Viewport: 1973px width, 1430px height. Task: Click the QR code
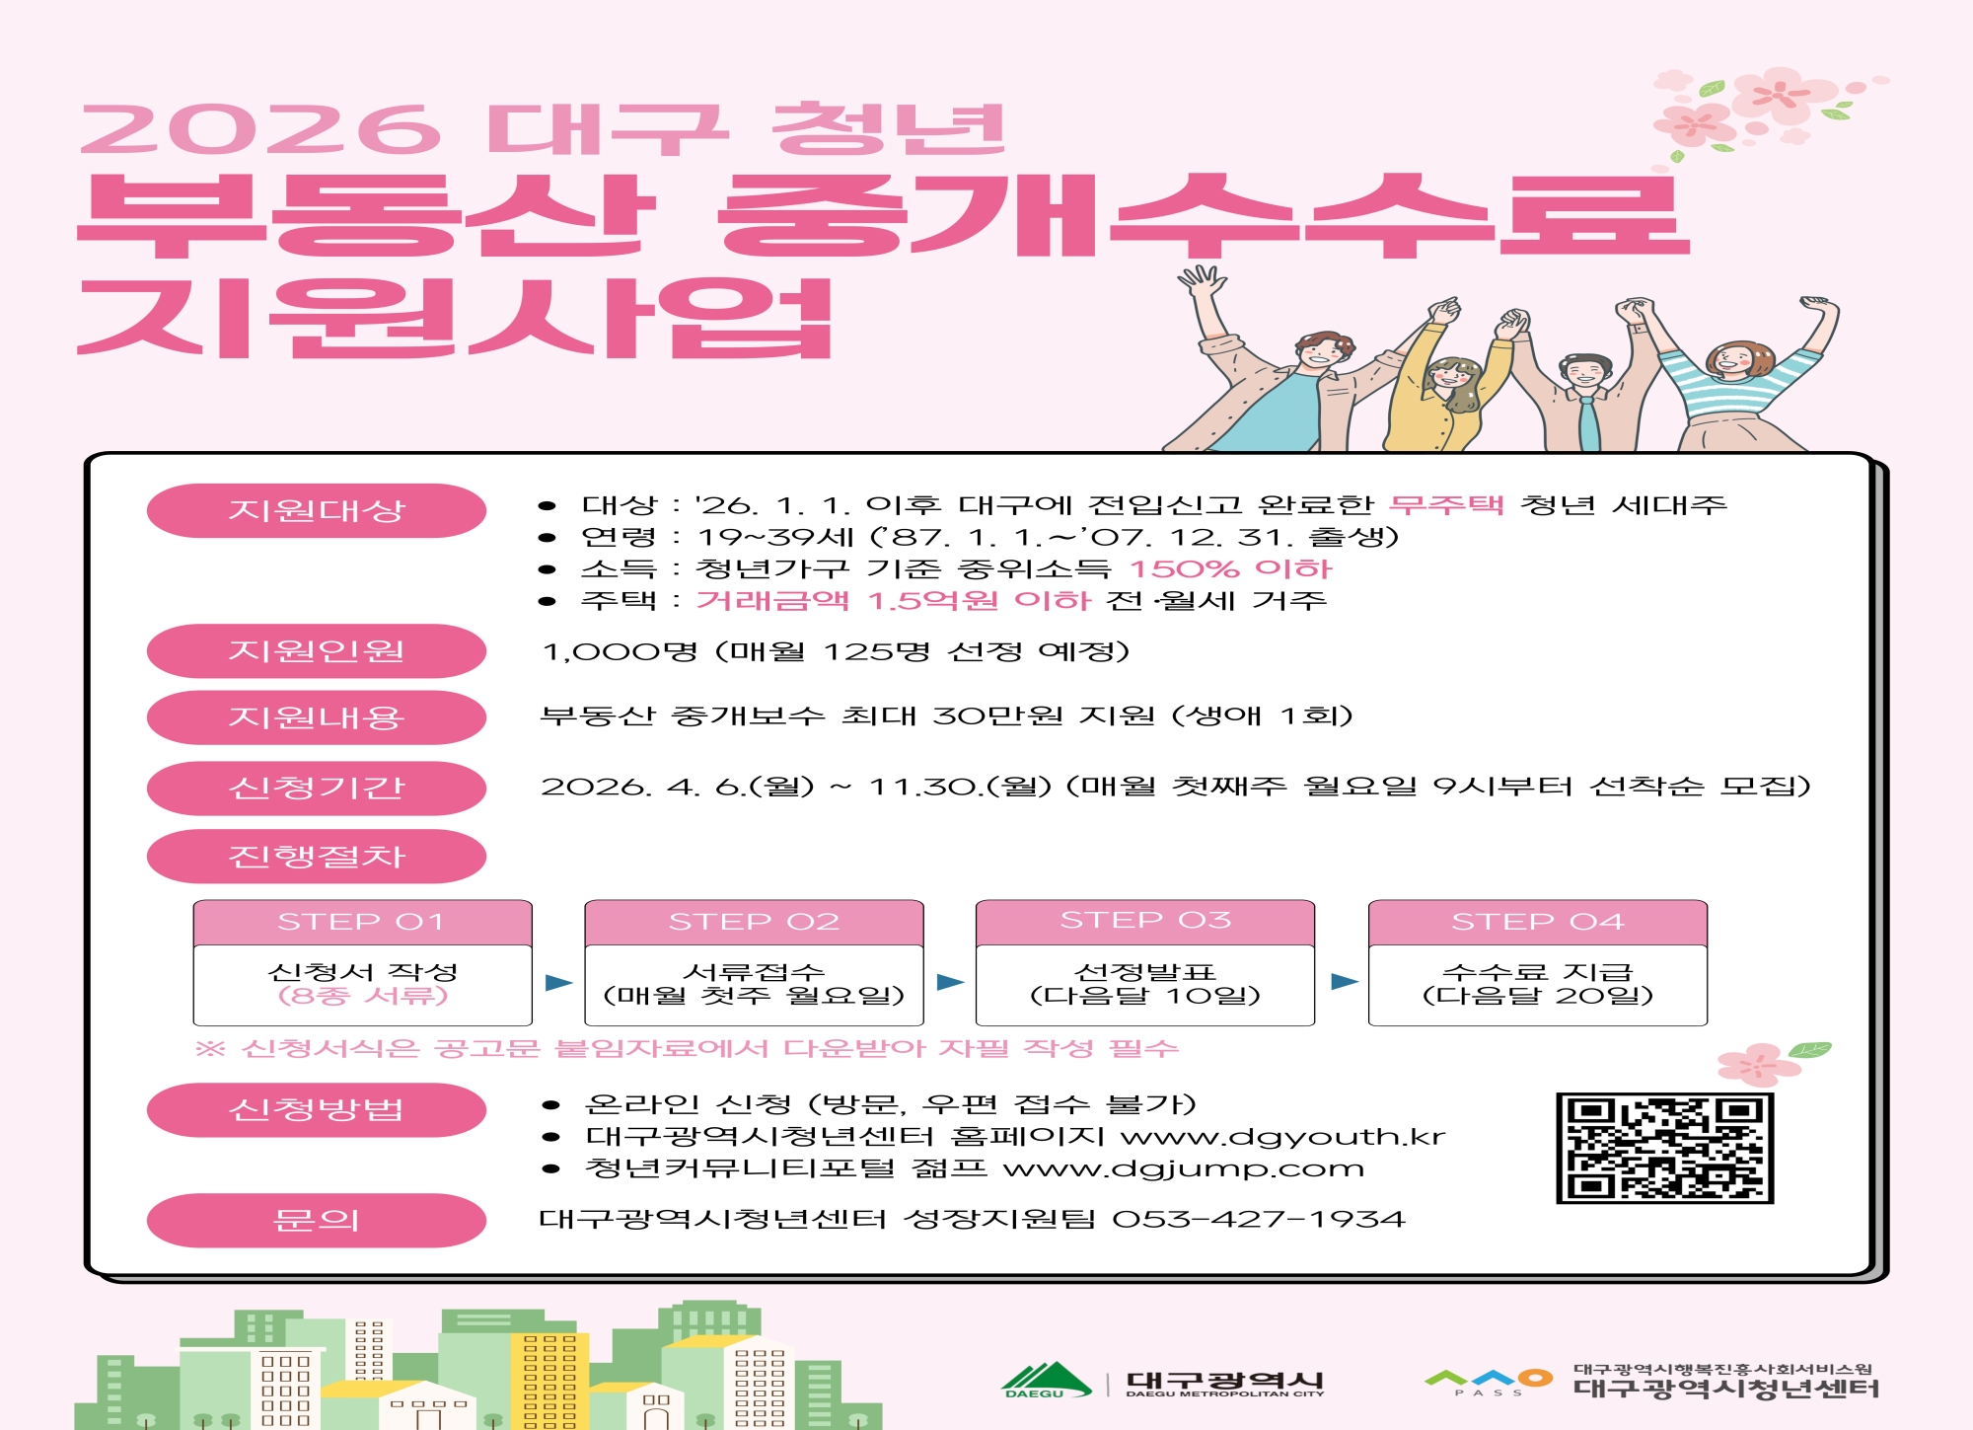1664,1148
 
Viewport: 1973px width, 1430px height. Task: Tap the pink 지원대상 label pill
317,510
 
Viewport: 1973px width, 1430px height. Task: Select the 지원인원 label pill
317,650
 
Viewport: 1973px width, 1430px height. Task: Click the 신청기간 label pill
317,788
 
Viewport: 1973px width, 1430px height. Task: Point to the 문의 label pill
317,1220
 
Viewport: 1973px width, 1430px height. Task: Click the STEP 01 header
362,922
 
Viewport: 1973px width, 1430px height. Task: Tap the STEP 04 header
1537,922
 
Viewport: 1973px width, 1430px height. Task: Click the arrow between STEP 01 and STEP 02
558,982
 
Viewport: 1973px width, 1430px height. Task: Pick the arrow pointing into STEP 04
1345,981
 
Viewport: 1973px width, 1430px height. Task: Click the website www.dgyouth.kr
1283,1137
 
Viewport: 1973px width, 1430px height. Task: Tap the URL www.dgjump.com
1184,1169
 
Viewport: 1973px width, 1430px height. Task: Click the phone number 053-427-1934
1259,1220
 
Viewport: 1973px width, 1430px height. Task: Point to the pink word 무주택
1446,504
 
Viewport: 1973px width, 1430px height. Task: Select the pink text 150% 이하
1230,568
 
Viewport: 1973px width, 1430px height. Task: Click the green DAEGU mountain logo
1047,1380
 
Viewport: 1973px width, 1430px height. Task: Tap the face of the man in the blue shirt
1324,355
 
